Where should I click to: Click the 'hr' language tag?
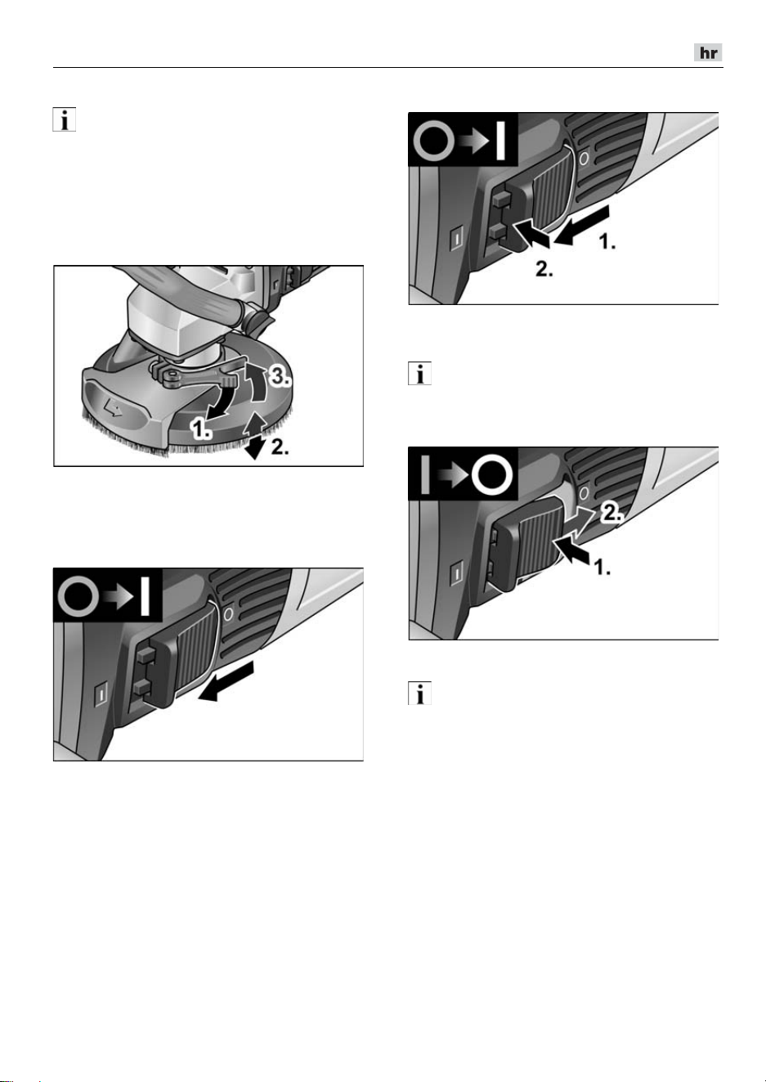pos(708,52)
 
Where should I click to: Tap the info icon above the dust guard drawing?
pos(65,119)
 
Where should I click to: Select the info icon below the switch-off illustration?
pos(419,694)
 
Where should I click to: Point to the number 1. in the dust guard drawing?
pos(200,429)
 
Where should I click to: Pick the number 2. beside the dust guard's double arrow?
pos(280,447)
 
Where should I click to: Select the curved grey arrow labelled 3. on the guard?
pos(257,384)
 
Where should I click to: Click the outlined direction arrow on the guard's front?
pos(113,411)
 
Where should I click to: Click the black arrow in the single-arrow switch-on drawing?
pos(226,682)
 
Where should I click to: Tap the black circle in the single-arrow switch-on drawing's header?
pos(78,596)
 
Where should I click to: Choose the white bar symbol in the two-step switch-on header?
pos(500,140)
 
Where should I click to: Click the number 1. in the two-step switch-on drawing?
pos(607,241)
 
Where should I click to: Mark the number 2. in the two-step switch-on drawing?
pos(544,270)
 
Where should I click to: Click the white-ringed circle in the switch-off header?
pos(491,475)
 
